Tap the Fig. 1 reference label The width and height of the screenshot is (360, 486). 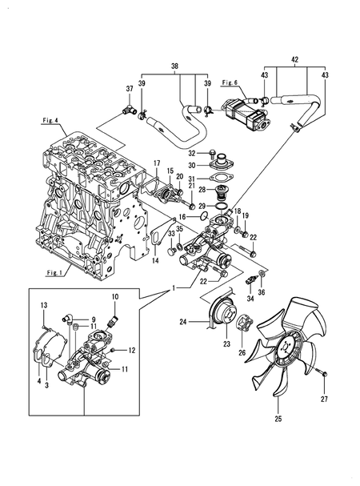coord(53,271)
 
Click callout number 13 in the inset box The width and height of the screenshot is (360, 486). coord(44,305)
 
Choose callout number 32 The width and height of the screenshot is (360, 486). coord(191,153)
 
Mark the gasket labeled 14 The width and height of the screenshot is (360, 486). coord(152,240)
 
